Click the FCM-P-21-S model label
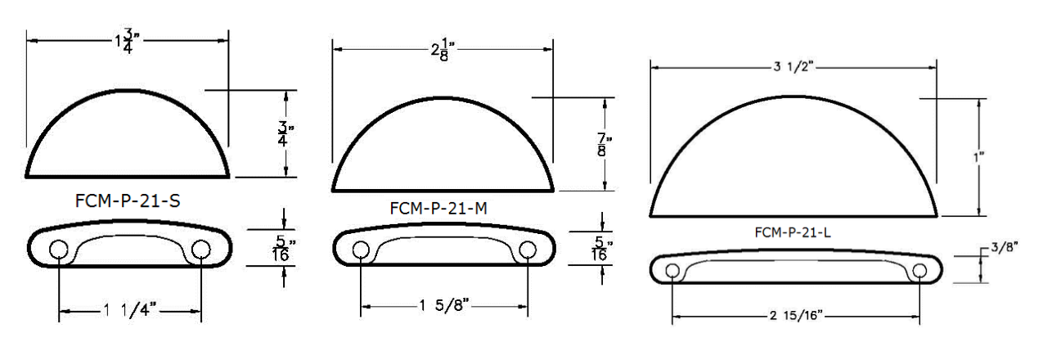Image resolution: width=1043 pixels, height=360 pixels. (x=128, y=200)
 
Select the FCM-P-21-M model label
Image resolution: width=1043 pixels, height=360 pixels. (x=438, y=208)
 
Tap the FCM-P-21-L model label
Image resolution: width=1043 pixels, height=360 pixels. (x=793, y=232)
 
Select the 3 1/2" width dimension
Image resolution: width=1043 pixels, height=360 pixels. (x=793, y=67)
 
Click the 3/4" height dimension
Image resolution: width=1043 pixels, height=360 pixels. (x=285, y=133)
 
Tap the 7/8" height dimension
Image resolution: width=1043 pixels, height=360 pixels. (x=604, y=144)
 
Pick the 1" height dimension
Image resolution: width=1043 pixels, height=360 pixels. (x=978, y=157)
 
